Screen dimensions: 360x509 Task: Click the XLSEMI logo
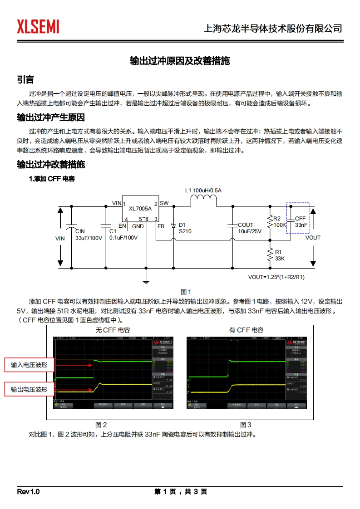coord(38,27)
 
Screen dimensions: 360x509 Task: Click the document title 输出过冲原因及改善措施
coord(180,61)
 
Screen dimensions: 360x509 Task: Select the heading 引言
coord(25,80)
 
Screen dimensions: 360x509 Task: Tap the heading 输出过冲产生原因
coord(51,118)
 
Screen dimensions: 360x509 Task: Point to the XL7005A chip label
coord(140,209)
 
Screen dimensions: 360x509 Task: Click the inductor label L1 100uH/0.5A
coord(204,191)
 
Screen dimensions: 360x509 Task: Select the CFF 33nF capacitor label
coord(301,221)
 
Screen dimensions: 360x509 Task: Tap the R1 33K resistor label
coord(279,255)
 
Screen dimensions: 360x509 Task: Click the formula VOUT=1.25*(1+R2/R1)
coord(276,277)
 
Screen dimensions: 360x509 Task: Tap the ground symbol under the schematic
coord(146,282)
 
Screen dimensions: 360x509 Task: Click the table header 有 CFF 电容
coord(246,330)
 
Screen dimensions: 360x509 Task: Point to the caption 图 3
coord(246,425)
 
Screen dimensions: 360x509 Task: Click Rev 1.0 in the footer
coord(29,492)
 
